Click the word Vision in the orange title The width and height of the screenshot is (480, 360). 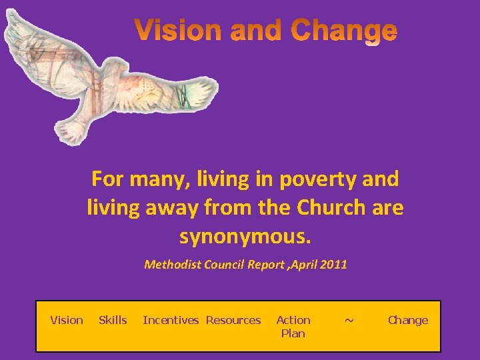pyautogui.click(x=176, y=31)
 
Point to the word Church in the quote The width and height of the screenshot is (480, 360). pyautogui.click(x=329, y=207)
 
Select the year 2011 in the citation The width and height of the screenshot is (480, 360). pyautogui.click(x=334, y=265)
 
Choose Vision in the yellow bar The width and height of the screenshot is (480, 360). pyautogui.click(x=67, y=321)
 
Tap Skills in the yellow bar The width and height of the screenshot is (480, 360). pyautogui.click(x=113, y=321)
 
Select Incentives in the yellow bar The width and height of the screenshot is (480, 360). pyautogui.click(x=171, y=321)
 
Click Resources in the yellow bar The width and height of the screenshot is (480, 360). pyautogui.click(x=233, y=321)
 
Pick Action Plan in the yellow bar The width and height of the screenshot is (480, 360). pyautogui.click(x=293, y=327)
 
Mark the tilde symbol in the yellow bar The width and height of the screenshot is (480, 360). pyautogui.click(x=349, y=321)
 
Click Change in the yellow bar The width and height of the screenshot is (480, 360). pyautogui.click(x=408, y=321)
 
